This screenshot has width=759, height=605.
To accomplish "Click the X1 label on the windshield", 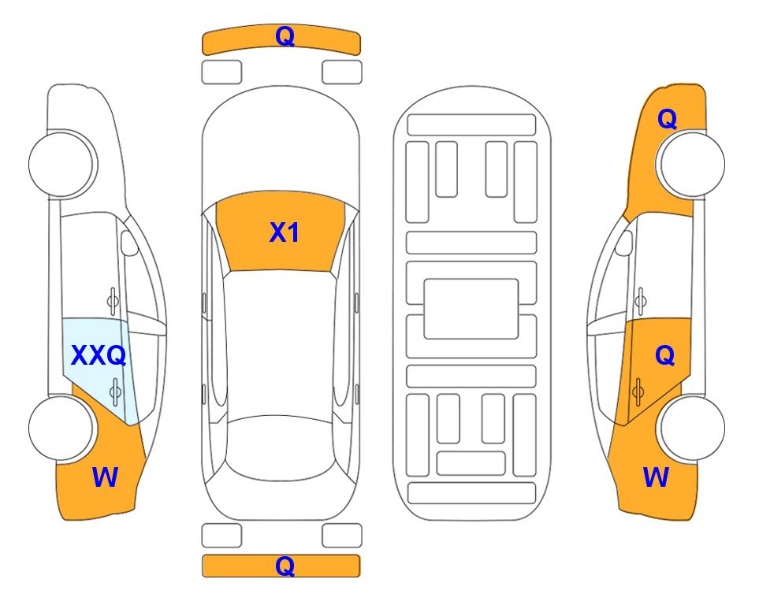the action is pyautogui.click(x=285, y=232).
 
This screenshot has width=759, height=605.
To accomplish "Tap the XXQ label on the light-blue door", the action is pyautogui.click(x=99, y=355).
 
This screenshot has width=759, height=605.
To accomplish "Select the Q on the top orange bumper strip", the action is pyautogui.click(x=285, y=35).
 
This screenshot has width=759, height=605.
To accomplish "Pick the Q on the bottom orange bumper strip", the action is pyautogui.click(x=285, y=566).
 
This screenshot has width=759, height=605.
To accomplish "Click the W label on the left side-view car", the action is pyautogui.click(x=105, y=477).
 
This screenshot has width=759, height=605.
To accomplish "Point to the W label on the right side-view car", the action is pyautogui.click(x=656, y=477).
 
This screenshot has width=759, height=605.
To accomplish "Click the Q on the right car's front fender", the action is pyautogui.click(x=667, y=119).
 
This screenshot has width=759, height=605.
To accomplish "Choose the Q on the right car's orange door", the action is pyautogui.click(x=665, y=356).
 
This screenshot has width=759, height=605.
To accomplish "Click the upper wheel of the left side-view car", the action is pyautogui.click(x=62, y=164).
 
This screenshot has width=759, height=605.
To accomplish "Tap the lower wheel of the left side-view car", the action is pyautogui.click(x=62, y=428).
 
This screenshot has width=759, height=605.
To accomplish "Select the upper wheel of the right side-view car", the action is pyautogui.click(x=690, y=164).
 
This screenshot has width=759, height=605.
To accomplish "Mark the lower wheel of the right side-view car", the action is pyautogui.click(x=690, y=428).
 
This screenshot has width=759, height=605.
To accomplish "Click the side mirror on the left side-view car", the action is pyautogui.click(x=128, y=243).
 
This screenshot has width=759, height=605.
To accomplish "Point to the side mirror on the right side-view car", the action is pyautogui.click(x=623, y=243).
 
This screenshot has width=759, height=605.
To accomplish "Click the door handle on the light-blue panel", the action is pyautogui.click(x=115, y=392).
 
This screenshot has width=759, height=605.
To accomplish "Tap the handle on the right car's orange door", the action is pyautogui.click(x=638, y=392).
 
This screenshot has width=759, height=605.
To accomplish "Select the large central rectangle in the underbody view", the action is pyautogui.click(x=471, y=309).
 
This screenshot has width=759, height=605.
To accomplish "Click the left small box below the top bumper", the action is pyautogui.click(x=221, y=72).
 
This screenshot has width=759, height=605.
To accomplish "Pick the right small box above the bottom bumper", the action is pyautogui.click(x=342, y=536).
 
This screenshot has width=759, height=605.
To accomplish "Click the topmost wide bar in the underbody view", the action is pyautogui.click(x=471, y=125).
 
